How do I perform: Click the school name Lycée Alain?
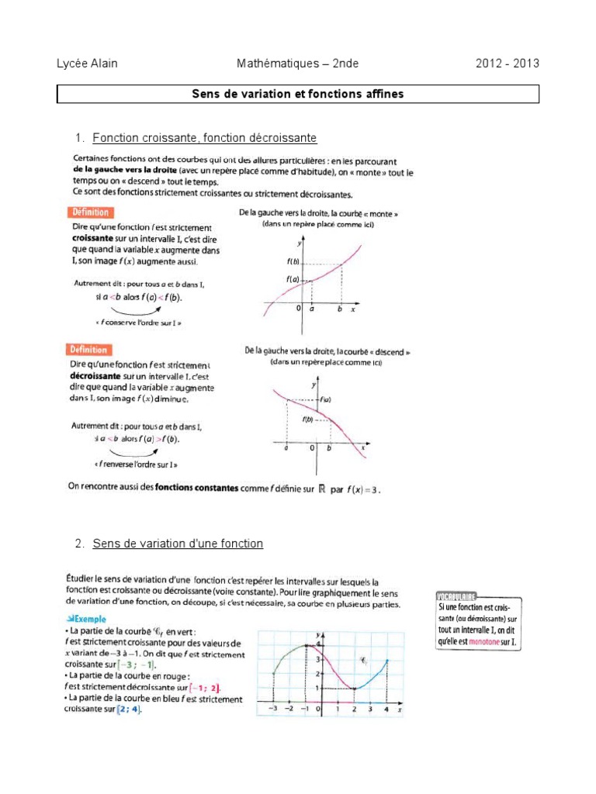pyautogui.click(x=88, y=64)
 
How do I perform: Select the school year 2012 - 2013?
pyautogui.click(x=507, y=64)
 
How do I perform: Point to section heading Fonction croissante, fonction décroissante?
pyautogui.click(x=205, y=138)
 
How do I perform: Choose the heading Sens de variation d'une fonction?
pyautogui.click(x=178, y=544)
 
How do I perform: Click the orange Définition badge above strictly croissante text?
pyautogui.click(x=90, y=212)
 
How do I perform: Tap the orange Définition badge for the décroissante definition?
pyautogui.click(x=90, y=350)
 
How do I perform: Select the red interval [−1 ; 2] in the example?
pyautogui.click(x=205, y=688)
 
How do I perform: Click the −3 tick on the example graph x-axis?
pyautogui.click(x=273, y=709)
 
